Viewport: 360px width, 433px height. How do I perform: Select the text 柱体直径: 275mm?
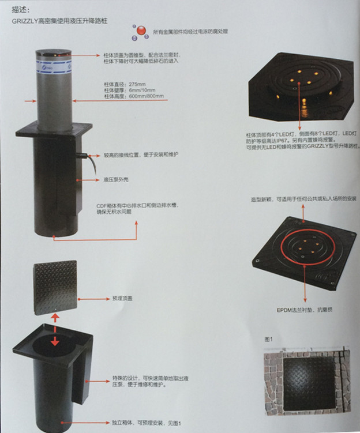click(x=125, y=85)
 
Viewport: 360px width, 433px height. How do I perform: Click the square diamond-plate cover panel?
click(x=55, y=287)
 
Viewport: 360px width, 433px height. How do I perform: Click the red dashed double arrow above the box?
click(x=55, y=330)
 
